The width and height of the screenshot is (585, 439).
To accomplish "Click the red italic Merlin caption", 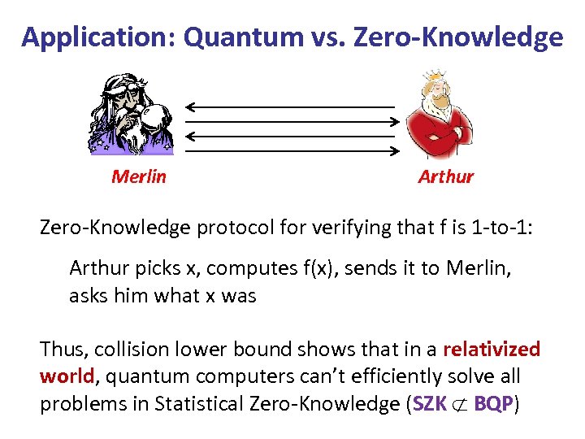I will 138,176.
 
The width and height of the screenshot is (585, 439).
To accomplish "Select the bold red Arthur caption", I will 445,176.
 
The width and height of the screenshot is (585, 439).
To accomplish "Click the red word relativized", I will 492,350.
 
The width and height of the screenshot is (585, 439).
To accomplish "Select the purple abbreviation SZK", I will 429,405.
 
